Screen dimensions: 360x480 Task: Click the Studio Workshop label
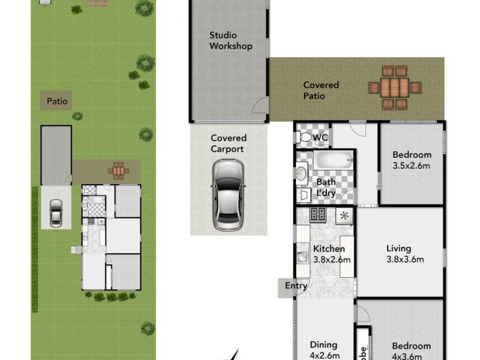click(230, 41)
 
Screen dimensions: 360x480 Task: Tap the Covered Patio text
click(320, 91)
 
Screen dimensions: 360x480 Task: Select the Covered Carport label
click(228, 143)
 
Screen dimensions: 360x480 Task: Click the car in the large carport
click(228, 195)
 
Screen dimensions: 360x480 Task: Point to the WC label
click(320, 137)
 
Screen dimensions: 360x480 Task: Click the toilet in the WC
click(305, 138)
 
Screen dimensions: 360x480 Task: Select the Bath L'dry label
click(326, 187)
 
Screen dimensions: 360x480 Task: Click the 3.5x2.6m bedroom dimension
click(412, 165)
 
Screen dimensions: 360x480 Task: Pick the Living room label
click(398, 248)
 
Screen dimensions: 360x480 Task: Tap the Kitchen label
click(329, 249)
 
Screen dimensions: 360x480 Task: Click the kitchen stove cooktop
click(317, 214)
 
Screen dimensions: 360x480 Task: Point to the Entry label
click(296, 286)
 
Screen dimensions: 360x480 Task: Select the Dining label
click(324, 345)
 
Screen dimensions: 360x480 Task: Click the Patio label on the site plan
click(58, 101)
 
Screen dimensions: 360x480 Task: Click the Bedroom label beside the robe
click(411, 346)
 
